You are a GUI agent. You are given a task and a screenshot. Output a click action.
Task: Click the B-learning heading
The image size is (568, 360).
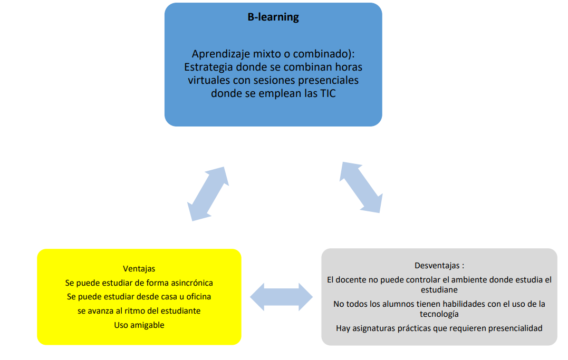click(x=273, y=17)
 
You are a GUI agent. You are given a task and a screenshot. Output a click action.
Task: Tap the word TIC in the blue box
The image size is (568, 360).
click(x=328, y=93)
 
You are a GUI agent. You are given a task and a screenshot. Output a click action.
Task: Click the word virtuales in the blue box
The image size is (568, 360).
click(x=209, y=80)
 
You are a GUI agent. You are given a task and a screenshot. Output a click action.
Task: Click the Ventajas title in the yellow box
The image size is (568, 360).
click(x=139, y=269)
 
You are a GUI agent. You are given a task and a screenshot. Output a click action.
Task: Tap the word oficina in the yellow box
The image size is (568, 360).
click(x=198, y=297)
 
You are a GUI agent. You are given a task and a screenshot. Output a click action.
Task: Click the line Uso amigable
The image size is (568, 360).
click(x=139, y=325)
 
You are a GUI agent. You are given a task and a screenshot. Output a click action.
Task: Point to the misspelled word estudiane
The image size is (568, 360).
click(x=439, y=290)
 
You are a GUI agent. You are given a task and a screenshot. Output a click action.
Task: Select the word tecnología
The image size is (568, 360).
click(x=439, y=314)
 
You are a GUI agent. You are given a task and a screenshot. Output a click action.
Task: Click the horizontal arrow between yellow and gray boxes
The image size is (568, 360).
click(x=282, y=297)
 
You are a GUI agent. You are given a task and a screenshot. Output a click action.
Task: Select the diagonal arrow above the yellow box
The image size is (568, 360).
click(x=208, y=194)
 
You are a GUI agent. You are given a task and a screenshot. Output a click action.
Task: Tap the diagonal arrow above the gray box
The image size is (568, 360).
click(x=361, y=187)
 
